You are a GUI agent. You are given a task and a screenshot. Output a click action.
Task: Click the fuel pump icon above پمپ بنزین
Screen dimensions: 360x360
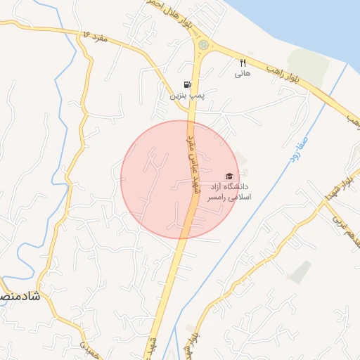[186, 84]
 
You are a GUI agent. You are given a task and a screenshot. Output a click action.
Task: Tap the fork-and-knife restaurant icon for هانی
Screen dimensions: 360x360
[243, 62]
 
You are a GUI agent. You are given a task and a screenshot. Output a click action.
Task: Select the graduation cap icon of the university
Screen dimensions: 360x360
[228, 176]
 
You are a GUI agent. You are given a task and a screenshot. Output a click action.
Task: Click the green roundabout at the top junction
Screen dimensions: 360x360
[203, 45]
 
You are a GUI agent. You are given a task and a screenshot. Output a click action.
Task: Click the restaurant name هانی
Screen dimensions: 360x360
[243, 72]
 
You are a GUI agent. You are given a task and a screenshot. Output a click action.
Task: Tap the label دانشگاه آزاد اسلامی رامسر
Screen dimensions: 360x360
[226, 193]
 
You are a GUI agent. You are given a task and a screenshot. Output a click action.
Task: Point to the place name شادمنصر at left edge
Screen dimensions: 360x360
[17, 297]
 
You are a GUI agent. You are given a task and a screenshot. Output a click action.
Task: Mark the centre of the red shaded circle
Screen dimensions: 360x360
[180, 179]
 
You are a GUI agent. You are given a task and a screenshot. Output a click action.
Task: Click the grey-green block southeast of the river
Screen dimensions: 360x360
[301, 271]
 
